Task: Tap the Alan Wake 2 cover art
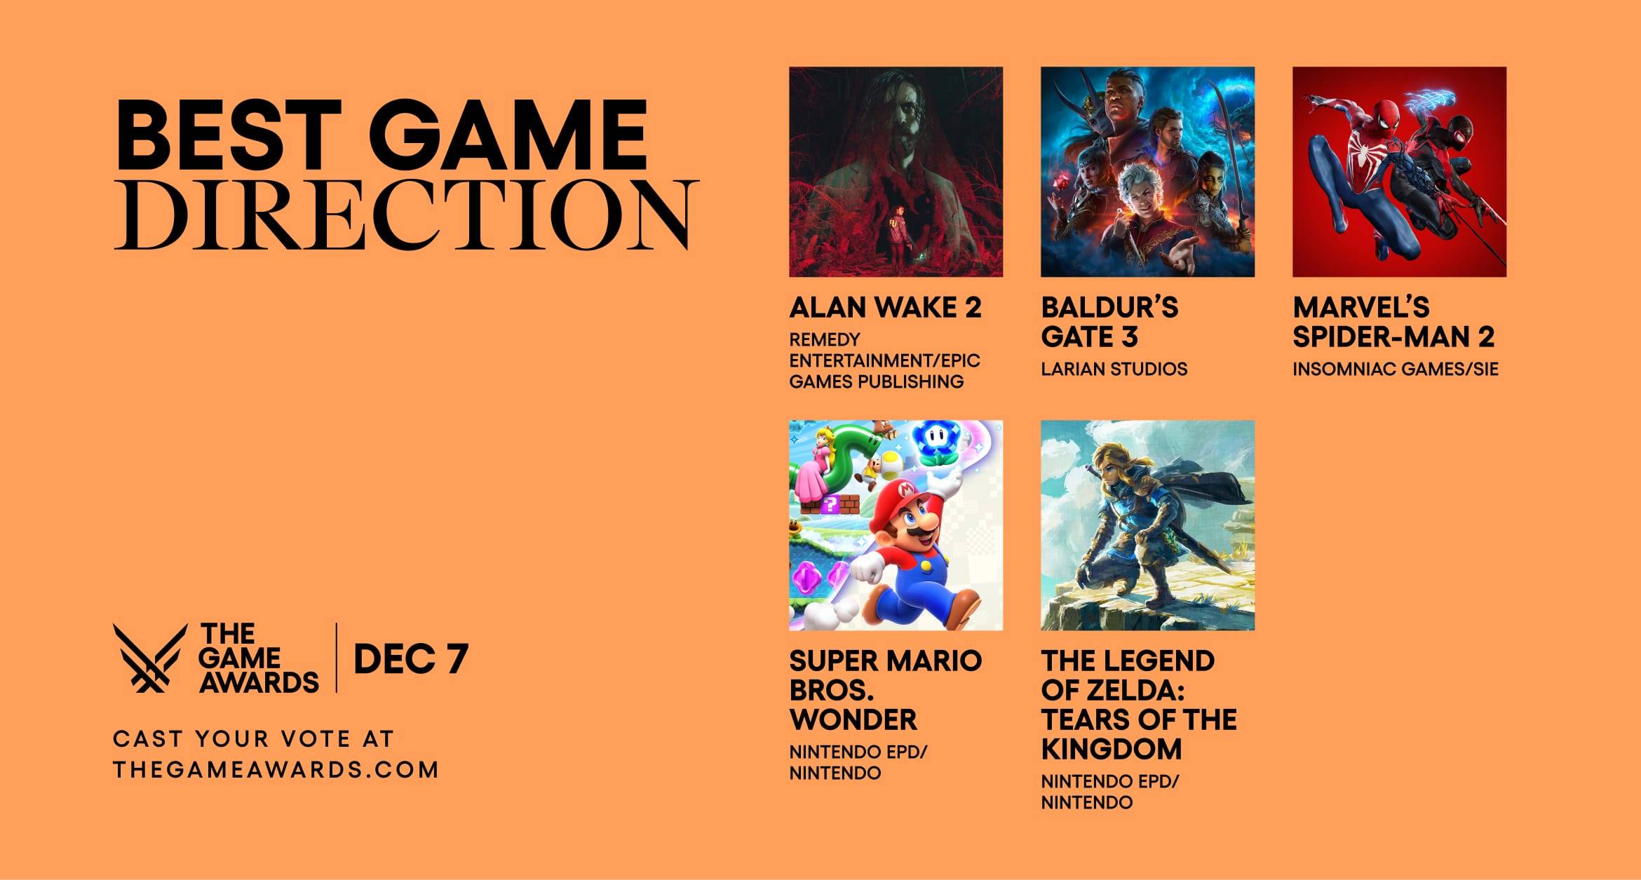pyautogui.click(x=896, y=172)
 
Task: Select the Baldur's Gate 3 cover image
pyautogui.click(x=1147, y=172)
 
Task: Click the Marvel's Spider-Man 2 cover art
pyautogui.click(x=1399, y=172)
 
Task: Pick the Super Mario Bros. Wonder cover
pyautogui.click(x=896, y=525)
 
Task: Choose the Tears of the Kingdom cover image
pyautogui.click(x=1147, y=525)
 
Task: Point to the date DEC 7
pyautogui.click(x=410, y=659)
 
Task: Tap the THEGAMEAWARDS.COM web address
pyautogui.click(x=276, y=770)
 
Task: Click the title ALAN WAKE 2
pyautogui.click(x=885, y=308)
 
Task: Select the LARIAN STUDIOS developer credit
pyautogui.click(x=1114, y=369)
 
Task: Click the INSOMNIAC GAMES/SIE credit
pyautogui.click(x=1395, y=369)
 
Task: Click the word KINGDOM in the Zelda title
pyautogui.click(x=1111, y=749)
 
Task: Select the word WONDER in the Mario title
pyautogui.click(x=853, y=719)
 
